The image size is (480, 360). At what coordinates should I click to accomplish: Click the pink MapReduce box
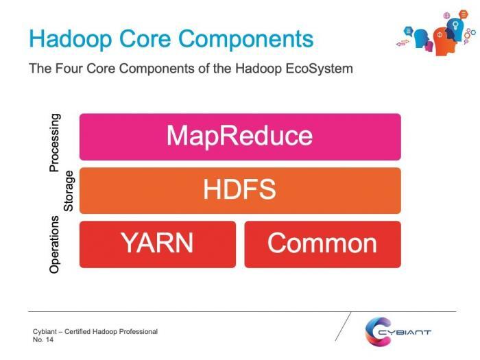click(240, 136)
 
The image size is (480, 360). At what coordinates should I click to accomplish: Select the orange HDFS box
click(240, 190)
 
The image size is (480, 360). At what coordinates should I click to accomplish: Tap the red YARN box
click(157, 243)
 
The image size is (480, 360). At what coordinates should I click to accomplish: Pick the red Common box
click(322, 243)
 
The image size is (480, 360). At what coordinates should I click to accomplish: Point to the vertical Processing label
click(56, 143)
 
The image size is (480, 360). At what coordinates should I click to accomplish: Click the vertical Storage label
click(69, 191)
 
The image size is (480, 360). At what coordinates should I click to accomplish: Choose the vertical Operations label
click(56, 245)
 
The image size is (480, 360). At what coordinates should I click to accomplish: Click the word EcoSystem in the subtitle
click(318, 69)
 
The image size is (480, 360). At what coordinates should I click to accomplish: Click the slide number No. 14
click(43, 340)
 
